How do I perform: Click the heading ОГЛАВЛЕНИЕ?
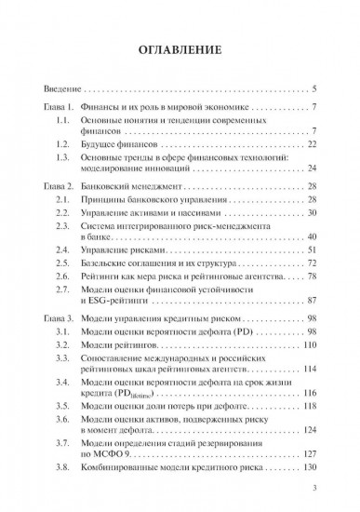180,48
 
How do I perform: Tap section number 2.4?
64,251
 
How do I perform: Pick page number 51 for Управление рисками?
313,251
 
